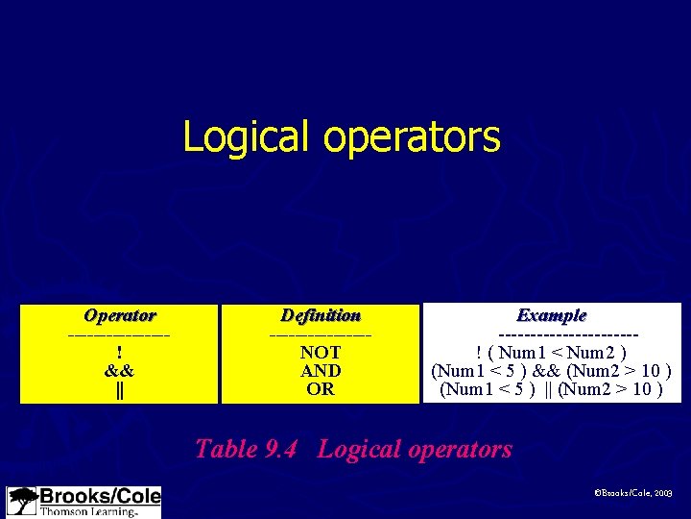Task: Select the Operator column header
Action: [120, 315]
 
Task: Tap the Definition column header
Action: [321, 315]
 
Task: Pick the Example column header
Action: [552, 315]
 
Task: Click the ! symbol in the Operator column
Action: [119, 353]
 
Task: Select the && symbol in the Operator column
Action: [119, 371]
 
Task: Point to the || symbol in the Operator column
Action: [119, 389]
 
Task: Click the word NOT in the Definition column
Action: [321, 353]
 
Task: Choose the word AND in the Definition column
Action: [321, 371]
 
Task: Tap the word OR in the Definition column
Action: [321, 389]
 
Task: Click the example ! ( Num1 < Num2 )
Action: [552, 353]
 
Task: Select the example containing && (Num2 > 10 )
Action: [552, 371]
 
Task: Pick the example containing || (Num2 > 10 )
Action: [552, 389]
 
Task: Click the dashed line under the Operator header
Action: [119, 334]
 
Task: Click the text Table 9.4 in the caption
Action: [251, 449]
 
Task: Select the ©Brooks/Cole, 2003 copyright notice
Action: [634, 491]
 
